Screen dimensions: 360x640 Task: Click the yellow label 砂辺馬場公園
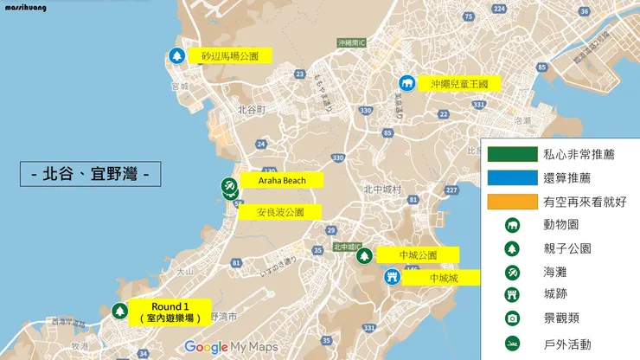click(x=229, y=55)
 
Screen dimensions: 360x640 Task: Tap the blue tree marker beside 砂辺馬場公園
click(x=176, y=56)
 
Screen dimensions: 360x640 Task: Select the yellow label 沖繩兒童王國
click(x=458, y=84)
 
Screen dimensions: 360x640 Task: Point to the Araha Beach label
click(x=280, y=180)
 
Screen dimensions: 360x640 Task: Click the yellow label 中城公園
click(x=418, y=255)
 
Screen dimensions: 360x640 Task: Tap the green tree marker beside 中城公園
click(x=364, y=255)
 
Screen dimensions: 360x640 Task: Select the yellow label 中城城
click(x=441, y=278)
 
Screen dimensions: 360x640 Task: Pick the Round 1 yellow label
click(x=169, y=312)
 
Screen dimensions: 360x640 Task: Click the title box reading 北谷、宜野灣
click(x=91, y=173)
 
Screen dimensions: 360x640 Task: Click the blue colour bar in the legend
click(x=511, y=177)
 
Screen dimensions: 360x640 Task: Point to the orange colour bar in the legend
click(x=511, y=201)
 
